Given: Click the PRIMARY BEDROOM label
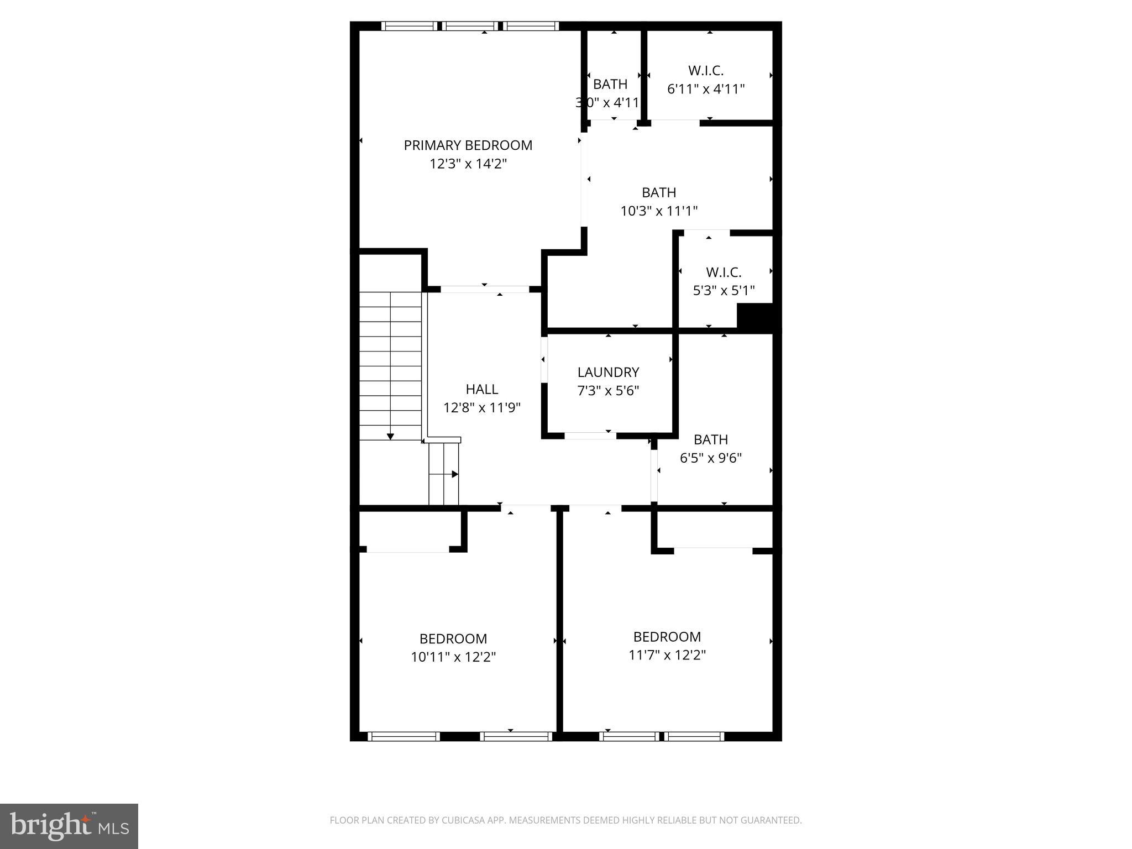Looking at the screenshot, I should click(468, 145).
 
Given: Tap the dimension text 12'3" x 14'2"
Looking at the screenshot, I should click(468, 164).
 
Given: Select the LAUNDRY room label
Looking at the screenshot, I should click(608, 372).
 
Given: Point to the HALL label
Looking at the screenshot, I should click(481, 389).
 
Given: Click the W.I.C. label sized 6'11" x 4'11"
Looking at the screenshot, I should click(706, 71).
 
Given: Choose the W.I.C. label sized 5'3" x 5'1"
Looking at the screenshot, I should click(724, 272).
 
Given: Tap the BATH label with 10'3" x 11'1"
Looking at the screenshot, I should click(659, 192).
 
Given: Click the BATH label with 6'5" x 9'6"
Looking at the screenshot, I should click(710, 439).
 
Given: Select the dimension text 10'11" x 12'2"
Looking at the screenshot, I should click(453, 657).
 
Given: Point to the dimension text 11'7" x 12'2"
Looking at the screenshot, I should click(667, 655).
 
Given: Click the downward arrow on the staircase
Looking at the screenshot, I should click(390, 436).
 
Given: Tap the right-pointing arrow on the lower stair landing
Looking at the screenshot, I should click(454, 474).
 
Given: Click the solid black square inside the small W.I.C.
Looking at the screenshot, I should click(754, 318).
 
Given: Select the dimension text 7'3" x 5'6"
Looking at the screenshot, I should click(608, 391).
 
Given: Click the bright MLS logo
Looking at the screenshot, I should click(69, 826).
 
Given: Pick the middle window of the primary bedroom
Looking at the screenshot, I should click(470, 26).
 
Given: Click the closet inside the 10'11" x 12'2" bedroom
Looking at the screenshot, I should click(409, 531).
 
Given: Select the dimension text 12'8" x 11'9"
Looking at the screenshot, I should click(481, 408).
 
